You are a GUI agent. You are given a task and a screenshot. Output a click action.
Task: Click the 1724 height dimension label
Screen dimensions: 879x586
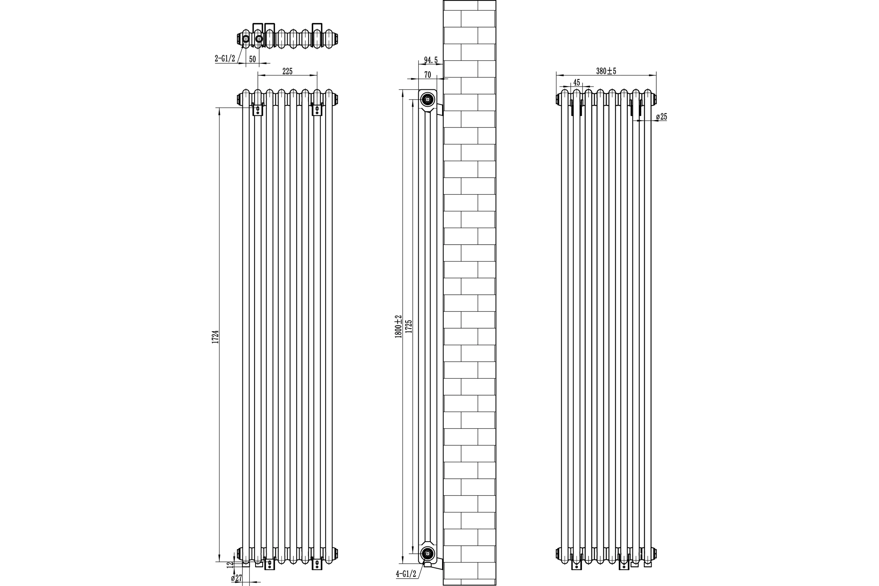(215, 337)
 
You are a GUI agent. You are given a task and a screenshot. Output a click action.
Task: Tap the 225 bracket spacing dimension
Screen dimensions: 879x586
(287, 71)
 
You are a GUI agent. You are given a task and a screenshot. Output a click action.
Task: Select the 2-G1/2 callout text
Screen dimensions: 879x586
(225, 58)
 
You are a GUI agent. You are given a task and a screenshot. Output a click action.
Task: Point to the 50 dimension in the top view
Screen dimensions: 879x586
(252, 59)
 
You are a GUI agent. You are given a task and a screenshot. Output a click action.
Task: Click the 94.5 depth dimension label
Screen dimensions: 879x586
(431, 60)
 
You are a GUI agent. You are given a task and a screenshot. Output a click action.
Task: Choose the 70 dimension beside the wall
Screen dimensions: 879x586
(427, 75)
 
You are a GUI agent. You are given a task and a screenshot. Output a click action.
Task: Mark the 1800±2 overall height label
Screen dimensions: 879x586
(398, 326)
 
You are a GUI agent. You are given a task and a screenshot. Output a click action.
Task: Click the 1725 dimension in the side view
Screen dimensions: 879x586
(409, 326)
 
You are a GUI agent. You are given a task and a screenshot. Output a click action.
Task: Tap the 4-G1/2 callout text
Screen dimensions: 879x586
(406, 574)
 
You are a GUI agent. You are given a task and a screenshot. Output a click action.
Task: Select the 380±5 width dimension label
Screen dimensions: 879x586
(606, 71)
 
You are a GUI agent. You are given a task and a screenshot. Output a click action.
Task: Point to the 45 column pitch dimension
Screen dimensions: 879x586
(576, 82)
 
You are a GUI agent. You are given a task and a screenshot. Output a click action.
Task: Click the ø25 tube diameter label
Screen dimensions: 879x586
(661, 116)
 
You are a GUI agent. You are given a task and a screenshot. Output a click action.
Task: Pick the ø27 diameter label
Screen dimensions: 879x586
(237, 578)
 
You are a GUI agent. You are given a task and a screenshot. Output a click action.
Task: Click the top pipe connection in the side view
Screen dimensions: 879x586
(427, 99)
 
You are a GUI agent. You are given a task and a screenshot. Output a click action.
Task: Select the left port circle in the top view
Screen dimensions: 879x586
(245, 39)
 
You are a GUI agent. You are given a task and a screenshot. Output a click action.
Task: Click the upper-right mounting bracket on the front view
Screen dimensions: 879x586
(317, 109)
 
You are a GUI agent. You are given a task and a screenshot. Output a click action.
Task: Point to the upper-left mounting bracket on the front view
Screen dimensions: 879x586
(257, 109)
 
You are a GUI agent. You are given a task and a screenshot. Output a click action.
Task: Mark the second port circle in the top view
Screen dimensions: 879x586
(259, 39)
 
